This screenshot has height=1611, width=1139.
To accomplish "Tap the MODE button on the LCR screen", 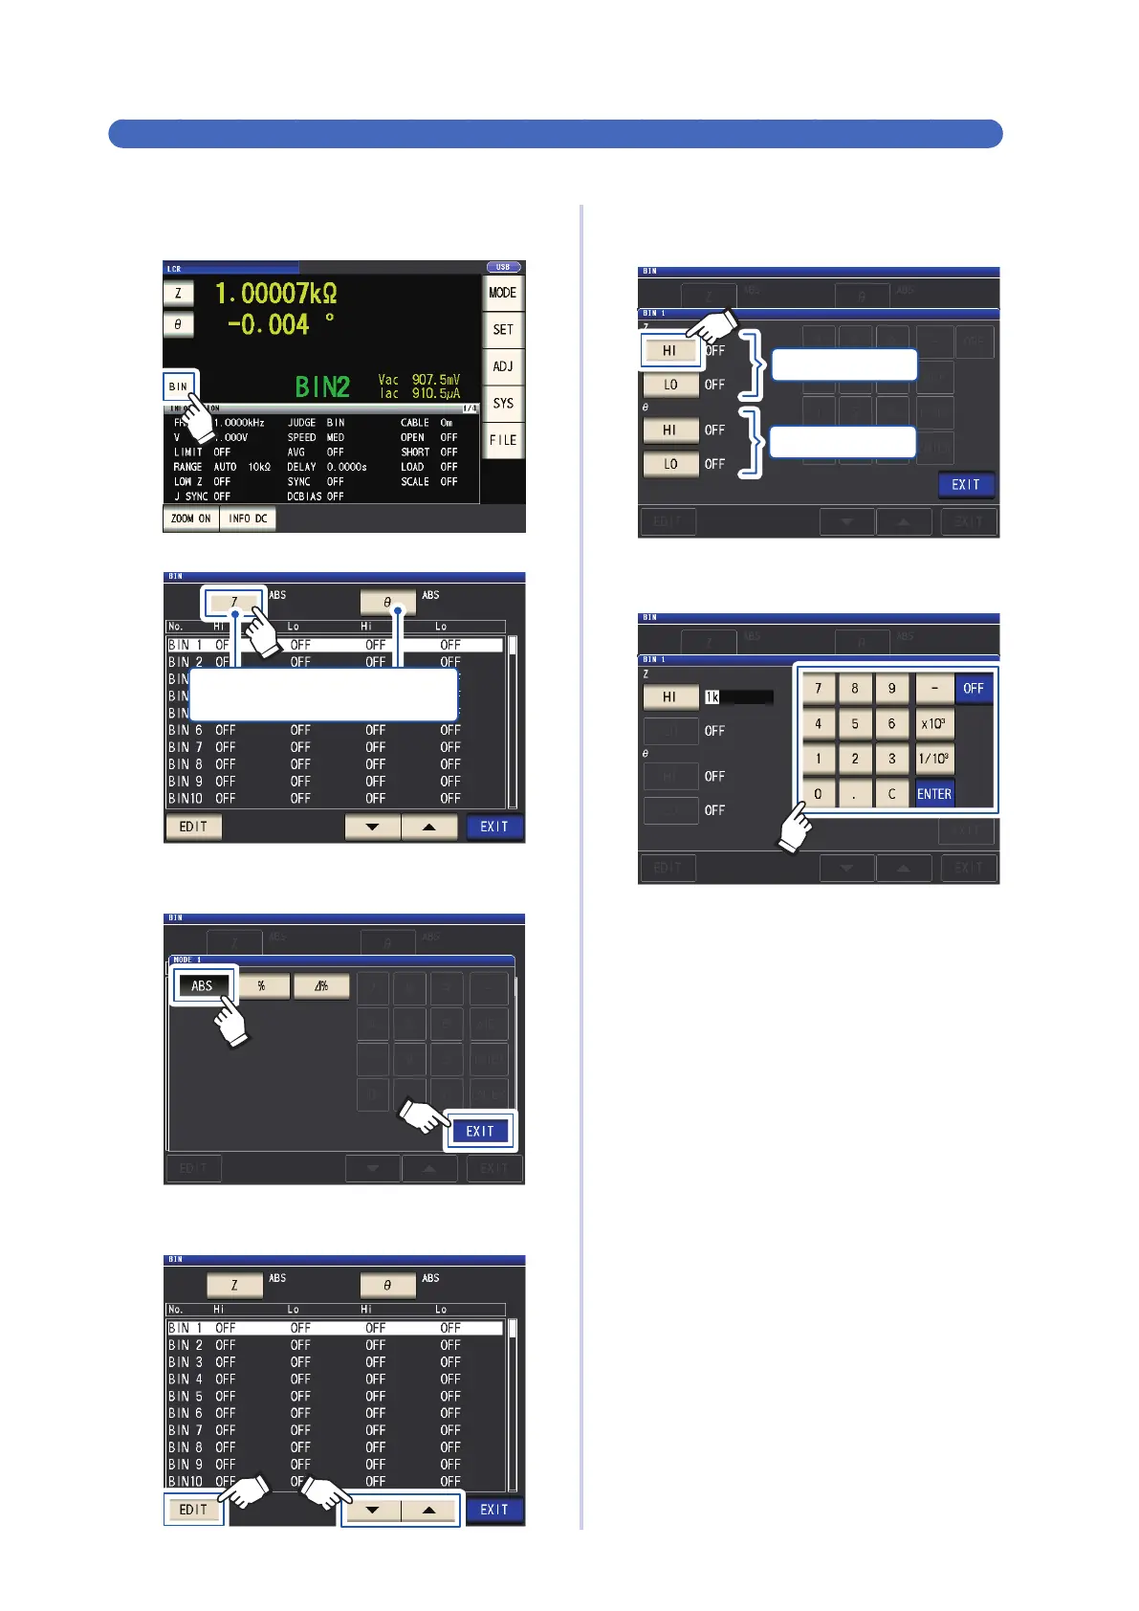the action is (503, 293).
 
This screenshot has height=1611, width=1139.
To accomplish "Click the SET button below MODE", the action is (503, 329).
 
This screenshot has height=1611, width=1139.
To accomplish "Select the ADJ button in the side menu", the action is (503, 366).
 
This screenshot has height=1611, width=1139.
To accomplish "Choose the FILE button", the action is (503, 440).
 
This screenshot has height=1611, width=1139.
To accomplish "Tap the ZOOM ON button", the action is (191, 519).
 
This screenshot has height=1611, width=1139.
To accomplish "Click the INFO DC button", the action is (248, 519).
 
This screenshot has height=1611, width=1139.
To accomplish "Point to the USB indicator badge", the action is (503, 267).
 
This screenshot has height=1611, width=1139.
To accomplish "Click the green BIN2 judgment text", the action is (322, 386).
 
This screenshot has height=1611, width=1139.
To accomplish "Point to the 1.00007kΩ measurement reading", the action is (275, 293).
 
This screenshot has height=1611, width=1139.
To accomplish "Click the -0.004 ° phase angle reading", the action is (280, 324).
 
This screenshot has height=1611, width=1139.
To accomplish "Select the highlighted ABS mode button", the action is (202, 985).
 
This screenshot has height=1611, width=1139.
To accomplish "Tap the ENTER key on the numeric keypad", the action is (934, 794).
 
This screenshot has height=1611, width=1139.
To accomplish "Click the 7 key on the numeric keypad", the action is (819, 688).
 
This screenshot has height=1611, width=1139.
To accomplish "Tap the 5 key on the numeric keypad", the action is (855, 723).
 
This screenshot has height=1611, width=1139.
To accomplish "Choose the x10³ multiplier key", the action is (934, 723).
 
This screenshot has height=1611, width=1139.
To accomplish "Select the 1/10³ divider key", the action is (934, 759).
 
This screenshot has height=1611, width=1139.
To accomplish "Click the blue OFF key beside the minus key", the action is (974, 688).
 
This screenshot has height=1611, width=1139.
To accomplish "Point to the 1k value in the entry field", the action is (712, 697).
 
